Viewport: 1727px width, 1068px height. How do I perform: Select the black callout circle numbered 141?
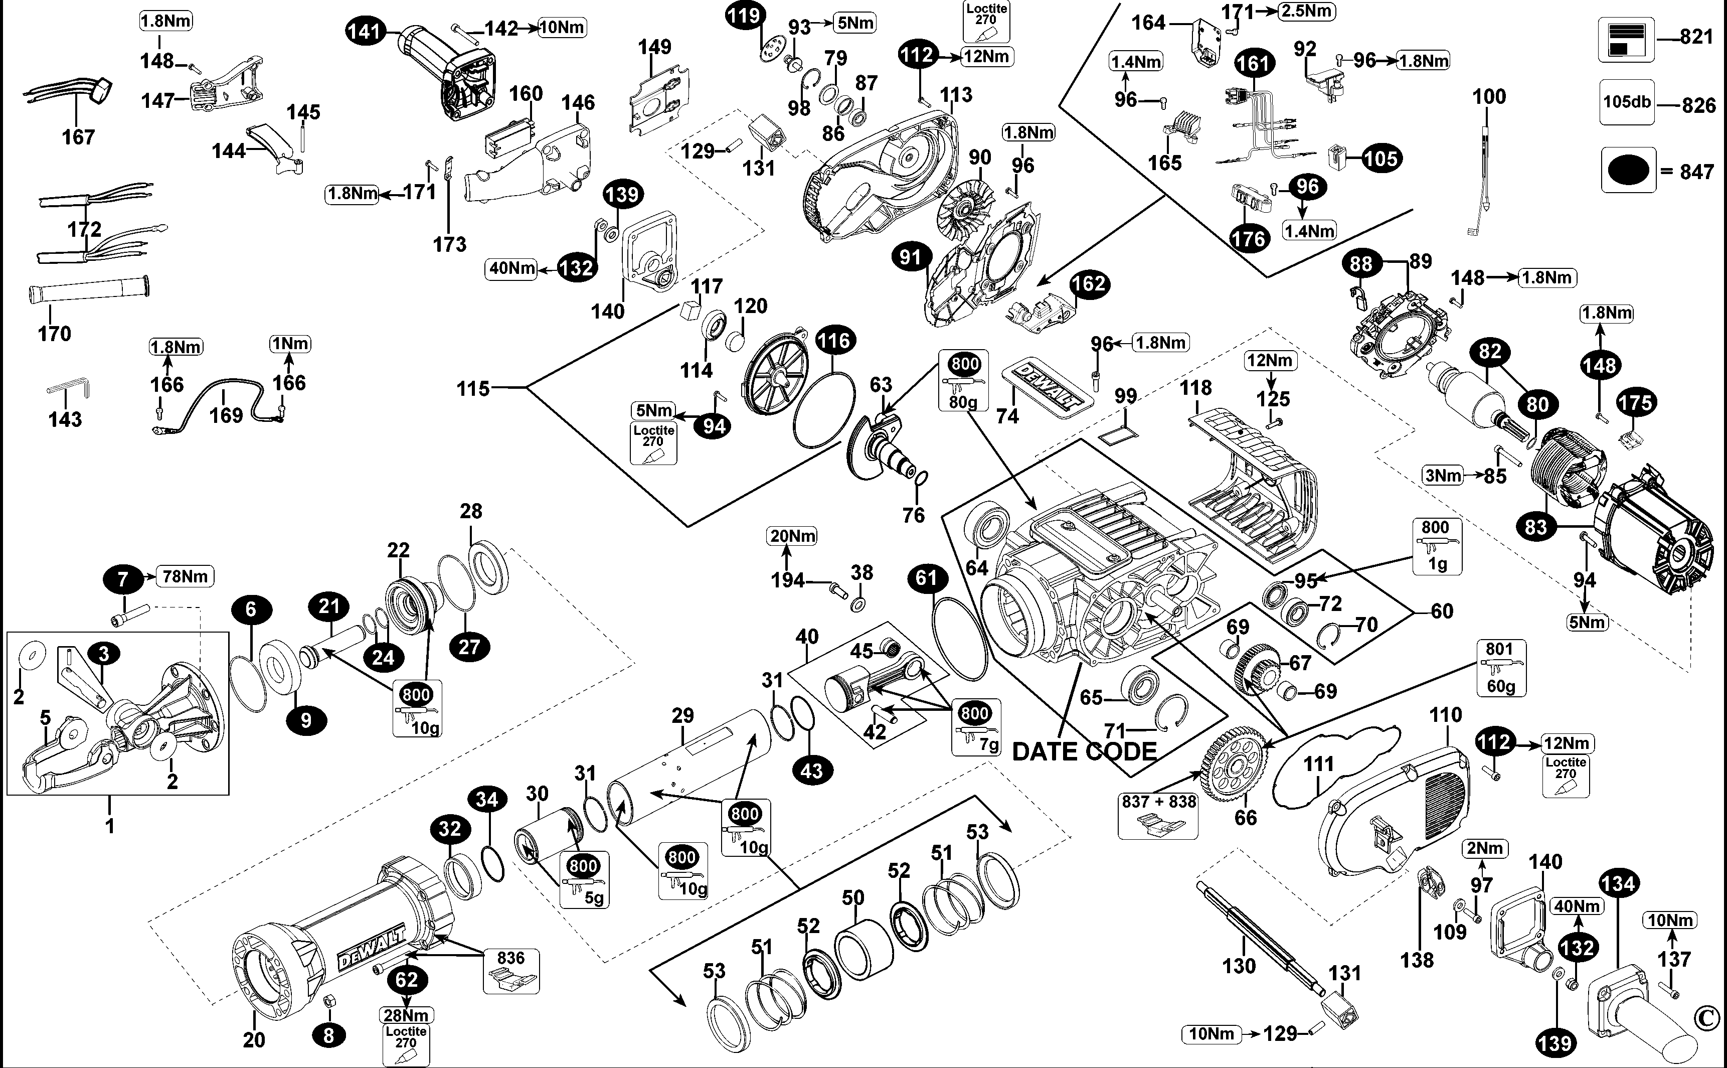[365, 31]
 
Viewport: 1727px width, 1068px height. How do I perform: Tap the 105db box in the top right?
[1627, 102]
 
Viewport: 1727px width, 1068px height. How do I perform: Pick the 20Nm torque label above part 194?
[792, 536]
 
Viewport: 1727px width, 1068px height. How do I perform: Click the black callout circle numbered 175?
[1635, 403]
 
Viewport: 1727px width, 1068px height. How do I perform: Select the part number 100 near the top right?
[1488, 97]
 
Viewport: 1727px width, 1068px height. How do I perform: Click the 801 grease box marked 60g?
[1500, 668]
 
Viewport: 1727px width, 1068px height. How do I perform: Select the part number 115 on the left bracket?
[472, 388]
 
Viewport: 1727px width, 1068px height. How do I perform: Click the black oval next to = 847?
[1627, 170]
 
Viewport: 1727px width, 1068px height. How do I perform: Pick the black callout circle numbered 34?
[486, 799]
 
